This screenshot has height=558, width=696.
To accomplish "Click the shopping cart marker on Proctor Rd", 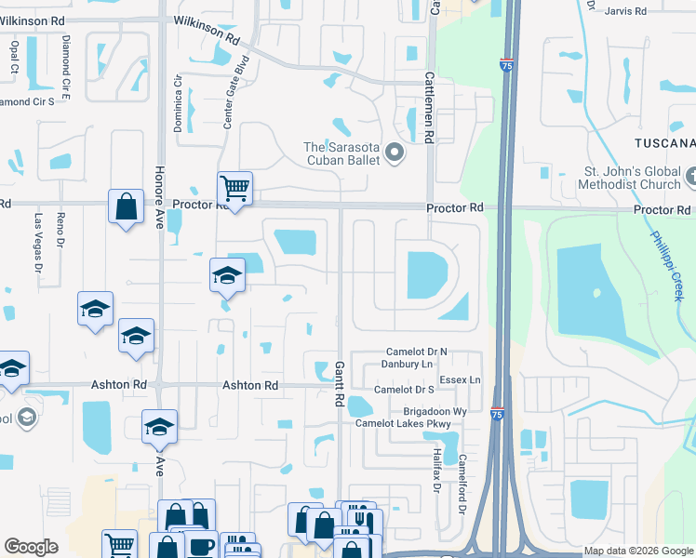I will pyautogui.click(x=234, y=189).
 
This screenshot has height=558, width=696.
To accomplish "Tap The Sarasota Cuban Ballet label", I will pyautogui.click(x=344, y=153).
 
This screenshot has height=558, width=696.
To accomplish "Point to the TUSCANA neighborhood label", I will pyautogui.click(x=664, y=142).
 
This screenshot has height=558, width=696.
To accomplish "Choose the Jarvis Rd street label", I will pyautogui.click(x=624, y=11).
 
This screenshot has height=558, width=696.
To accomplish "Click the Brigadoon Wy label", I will pyautogui.click(x=435, y=410).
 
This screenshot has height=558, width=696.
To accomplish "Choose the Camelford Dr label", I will pyautogui.click(x=461, y=473).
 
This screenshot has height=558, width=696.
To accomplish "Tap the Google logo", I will pyautogui.click(x=31, y=547).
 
